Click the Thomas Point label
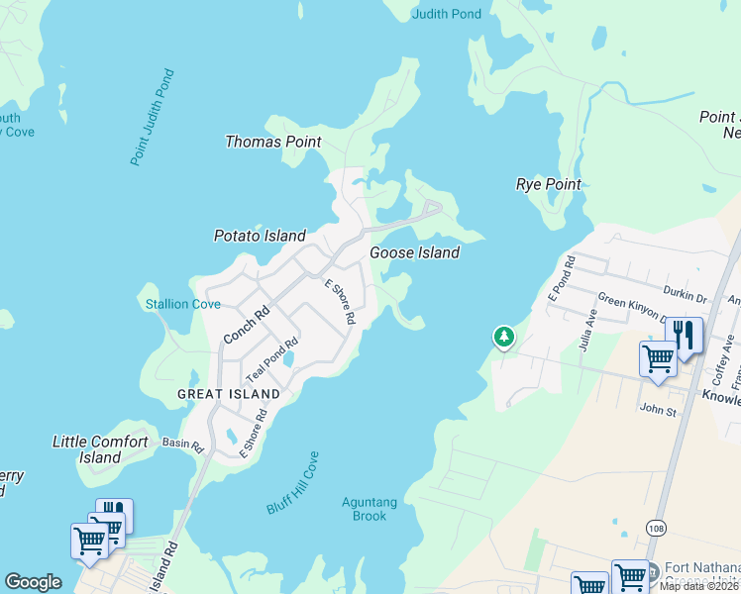272,142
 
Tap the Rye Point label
548,184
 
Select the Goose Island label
414,252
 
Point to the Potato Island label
260,236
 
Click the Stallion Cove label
182,304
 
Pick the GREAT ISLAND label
228,393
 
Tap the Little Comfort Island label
100,449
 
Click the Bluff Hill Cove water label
292,483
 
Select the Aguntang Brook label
369,509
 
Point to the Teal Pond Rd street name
271,361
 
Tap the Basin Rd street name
182,445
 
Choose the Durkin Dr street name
686,295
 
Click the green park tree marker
504,339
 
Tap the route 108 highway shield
655,528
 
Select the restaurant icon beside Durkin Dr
685,334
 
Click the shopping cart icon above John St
658,358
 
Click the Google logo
33,582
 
